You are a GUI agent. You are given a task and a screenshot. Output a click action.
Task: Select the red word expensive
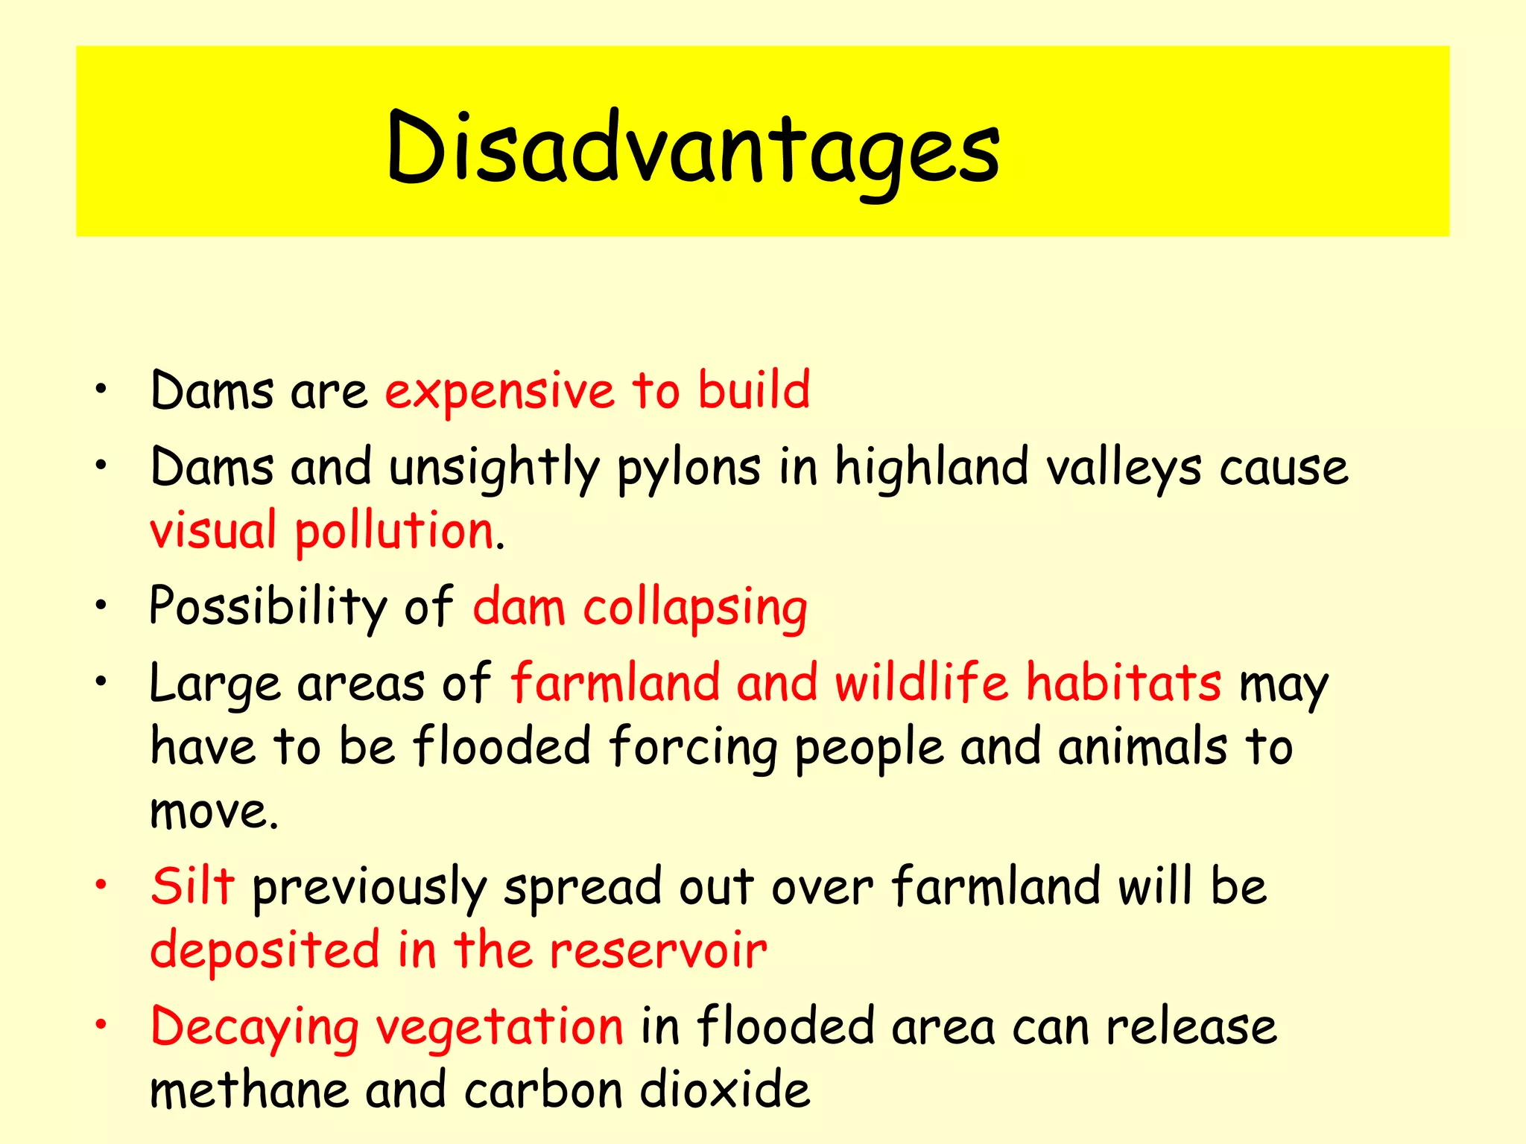tap(499, 391)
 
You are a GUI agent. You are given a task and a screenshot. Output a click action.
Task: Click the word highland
tap(931, 468)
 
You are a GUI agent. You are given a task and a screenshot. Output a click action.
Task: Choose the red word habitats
tap(1124, 682)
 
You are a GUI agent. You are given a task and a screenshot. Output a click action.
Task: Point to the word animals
tap(1142, 747)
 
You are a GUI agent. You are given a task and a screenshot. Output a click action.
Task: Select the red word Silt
tap(192, 886)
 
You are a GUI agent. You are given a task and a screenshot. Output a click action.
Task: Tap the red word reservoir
tap(658, 951)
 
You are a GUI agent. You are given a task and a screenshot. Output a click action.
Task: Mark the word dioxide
tap(725, 1090)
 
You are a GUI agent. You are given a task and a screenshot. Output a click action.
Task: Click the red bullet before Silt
tap(101, 884)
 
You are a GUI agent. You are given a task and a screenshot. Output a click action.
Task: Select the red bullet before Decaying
tap(101, 1025)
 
